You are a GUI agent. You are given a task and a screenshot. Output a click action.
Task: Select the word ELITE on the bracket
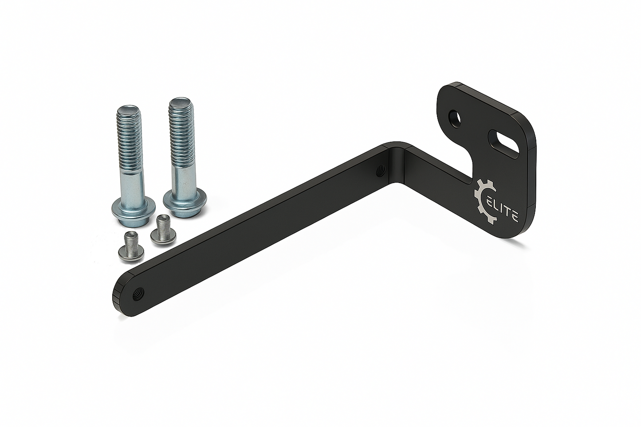[x=503, y=210]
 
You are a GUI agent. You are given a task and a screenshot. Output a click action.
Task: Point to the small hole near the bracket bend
[x=380, y=171]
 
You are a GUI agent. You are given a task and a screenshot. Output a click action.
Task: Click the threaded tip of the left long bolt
[x=129, y=111]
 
